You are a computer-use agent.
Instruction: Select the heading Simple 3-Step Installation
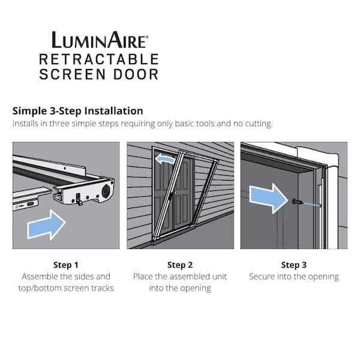click(77, 111)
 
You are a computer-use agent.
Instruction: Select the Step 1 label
click(65, 265)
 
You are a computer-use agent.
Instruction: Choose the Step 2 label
click(179, 265)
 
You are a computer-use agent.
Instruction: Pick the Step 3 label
click(293, 265)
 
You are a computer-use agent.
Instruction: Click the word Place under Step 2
click(143, 277)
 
